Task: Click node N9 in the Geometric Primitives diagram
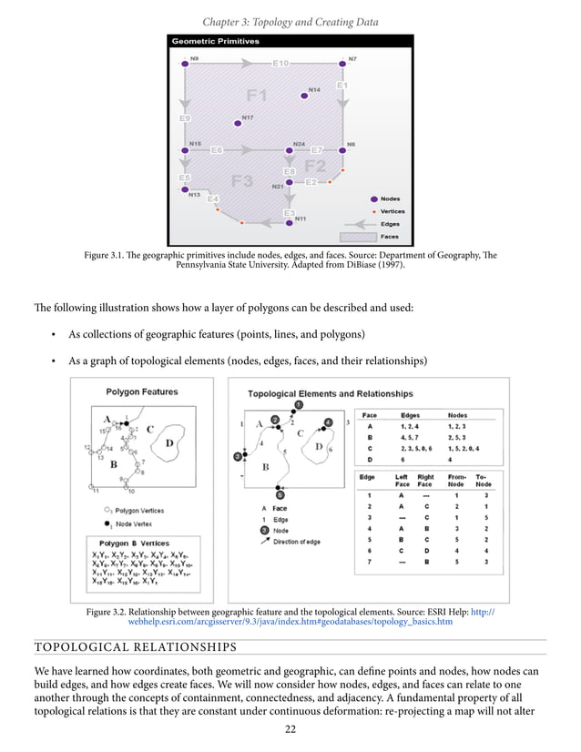185,64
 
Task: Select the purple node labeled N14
304,96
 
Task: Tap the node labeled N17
237,123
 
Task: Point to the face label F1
257,95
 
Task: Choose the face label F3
241,180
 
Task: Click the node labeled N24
289,150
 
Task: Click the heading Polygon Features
142,392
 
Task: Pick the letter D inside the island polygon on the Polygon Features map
170,443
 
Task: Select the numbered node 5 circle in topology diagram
280,494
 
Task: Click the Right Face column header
424,480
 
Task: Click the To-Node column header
484,480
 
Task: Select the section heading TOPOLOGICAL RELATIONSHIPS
135,647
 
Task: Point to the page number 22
290,728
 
